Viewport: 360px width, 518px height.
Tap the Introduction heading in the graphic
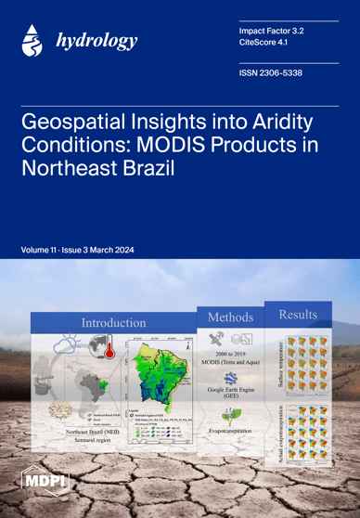point(113,322)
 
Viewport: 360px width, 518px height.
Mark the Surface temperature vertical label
point(277,366)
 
